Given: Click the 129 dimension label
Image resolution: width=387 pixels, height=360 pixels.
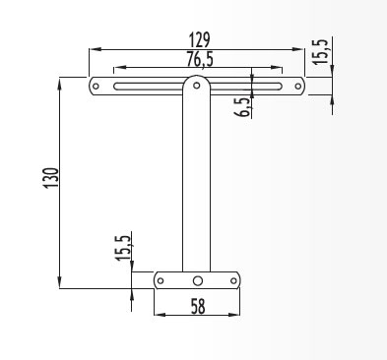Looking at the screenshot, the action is (x=199, y=40).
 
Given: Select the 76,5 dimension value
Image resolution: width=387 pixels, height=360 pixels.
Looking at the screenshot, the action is (x=200, y=59).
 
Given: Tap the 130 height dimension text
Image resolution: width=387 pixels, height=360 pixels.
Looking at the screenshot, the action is (x=51, y=178).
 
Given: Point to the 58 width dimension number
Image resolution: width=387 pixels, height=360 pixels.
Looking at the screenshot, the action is (x=198, y=306).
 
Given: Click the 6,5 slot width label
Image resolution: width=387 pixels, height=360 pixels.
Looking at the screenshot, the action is (x=242, y=107).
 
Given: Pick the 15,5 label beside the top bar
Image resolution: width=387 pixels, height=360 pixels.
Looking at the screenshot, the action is (x=320, y=52).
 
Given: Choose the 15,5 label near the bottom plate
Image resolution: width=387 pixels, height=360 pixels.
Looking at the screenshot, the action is (x=123, y=248).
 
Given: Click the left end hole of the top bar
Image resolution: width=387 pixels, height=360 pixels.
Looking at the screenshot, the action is (x=96, y=87).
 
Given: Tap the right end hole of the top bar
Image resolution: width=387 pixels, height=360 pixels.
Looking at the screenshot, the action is (x=297, y=87).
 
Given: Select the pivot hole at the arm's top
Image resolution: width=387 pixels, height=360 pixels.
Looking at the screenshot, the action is (x=197, y=86).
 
